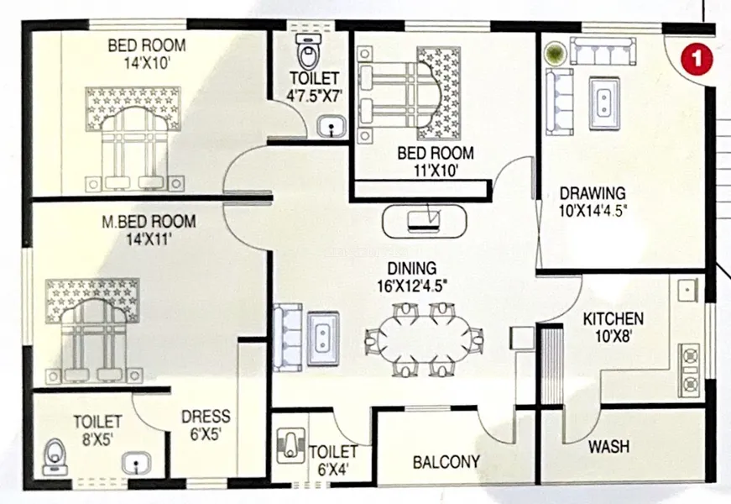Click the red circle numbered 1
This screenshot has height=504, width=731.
[697, 60]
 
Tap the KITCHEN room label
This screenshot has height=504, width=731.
[613, 319]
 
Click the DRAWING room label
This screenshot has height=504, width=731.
[593, 192]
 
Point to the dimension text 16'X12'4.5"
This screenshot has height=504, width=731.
[412, 285]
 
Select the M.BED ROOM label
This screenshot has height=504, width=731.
[149, 221]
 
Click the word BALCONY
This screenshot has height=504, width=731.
[446, 462]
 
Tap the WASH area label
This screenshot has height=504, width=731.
[608, 447]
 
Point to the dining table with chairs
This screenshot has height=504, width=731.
[424, 339]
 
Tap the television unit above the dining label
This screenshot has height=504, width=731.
[424, 220]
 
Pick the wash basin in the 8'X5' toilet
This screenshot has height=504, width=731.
[136, 465]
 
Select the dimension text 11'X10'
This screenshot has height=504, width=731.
[436, 171]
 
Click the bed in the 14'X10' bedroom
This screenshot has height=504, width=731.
[133, 138]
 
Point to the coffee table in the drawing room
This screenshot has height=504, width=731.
[604, 103]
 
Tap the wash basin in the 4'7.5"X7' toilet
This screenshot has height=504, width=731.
[332, 127]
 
